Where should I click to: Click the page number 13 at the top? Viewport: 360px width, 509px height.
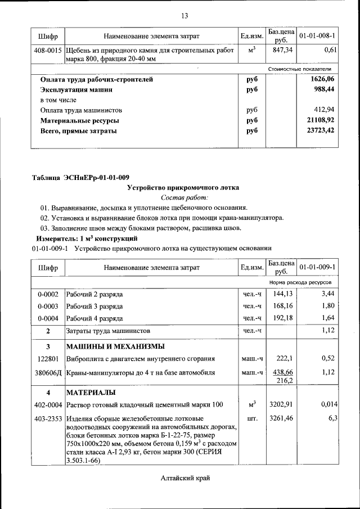[x=184, y=15]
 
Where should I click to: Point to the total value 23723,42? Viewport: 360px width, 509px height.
[x=320, y=131]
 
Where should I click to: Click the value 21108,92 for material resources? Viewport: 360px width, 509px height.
[x=320, y=121]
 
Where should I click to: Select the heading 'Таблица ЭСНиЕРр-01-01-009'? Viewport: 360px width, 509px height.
[x=80, y=178]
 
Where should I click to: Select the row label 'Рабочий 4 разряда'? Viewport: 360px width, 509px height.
[x=94, y=317]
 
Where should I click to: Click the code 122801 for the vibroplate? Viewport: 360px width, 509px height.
[x=48, y=359]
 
